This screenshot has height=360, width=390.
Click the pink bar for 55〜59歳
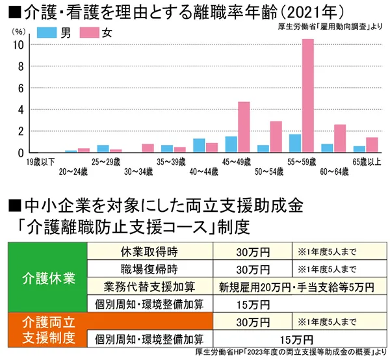[x=307, y=96]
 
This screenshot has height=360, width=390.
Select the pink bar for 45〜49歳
[x=244, y=127]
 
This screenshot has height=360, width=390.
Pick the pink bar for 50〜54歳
[x=276, y=136]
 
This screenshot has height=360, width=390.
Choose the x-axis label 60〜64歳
[x=333, y=171]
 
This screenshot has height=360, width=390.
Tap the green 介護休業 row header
[x=47, y=278]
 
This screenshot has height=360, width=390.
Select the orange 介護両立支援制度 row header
[x=47, y=329]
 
